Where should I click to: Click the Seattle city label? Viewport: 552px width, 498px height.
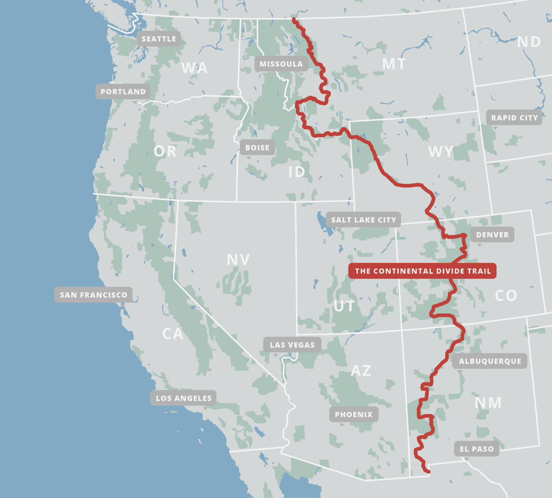point(159,39)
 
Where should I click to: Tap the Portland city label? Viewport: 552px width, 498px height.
point(123,92)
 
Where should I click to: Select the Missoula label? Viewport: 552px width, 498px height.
point(281,64)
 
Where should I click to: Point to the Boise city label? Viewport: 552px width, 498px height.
point(257,148)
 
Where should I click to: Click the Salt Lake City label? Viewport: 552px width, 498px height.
point(363,220)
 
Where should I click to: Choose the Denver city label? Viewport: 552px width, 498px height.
point(492,235)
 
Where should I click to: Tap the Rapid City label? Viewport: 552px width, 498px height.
point(514,118)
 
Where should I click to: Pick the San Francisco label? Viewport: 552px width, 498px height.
point(93,295)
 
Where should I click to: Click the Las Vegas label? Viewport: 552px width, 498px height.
point(292,345)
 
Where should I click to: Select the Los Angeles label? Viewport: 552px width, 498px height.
point(184,398)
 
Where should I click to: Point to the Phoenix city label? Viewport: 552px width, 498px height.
point(354,415)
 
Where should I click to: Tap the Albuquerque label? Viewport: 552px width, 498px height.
point(490,361)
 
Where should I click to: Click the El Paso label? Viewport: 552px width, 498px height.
point(477,449)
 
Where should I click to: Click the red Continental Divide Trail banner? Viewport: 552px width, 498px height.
point(423,271)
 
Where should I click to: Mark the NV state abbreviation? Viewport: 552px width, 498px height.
point(238,260)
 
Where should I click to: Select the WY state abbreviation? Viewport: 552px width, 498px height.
point(441,152)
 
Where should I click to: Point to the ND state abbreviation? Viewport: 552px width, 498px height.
point(529,42)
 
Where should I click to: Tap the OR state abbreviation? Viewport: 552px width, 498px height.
point(165,151)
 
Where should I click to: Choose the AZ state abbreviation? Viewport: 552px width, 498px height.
point(361,371)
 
